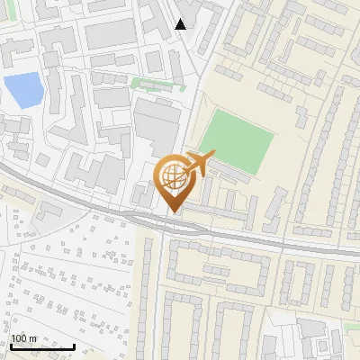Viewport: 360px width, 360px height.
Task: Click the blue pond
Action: coord(23,88)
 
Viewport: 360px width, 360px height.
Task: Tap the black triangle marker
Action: coord(181,24)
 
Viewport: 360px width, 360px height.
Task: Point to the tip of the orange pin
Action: coord(171,212)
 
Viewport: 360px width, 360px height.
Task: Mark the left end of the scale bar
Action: coord(11,346)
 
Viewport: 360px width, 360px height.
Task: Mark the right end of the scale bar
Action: coord(74,346)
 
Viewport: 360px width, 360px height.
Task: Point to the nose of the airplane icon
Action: coord(214,157)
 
